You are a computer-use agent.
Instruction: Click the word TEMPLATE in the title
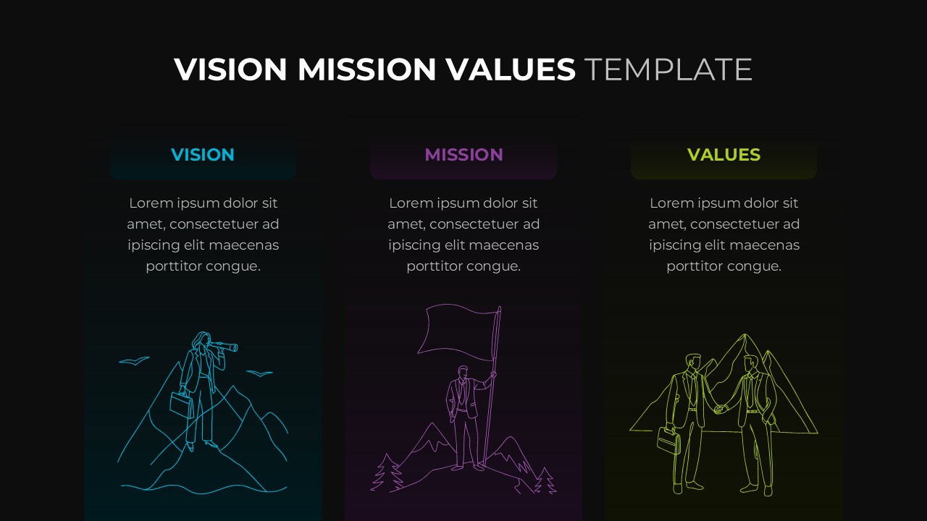point(668,69)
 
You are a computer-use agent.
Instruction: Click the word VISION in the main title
point(230,69)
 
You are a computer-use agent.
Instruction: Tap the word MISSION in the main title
point(366,69)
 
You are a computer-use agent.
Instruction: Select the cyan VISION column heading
point(203,155)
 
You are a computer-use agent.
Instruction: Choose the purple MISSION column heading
point(463,155)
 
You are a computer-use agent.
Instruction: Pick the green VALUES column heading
point(723,155)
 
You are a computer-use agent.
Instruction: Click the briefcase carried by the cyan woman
point(181,404)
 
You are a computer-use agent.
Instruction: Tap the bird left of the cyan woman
point(134,360)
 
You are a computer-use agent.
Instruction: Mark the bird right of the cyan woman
point(259,373)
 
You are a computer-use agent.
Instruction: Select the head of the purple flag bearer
point(463,373)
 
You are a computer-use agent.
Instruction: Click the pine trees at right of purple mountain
point(545,480)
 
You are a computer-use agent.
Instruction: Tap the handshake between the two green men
point(720,409)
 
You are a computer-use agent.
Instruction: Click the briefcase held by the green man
point(668,440)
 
